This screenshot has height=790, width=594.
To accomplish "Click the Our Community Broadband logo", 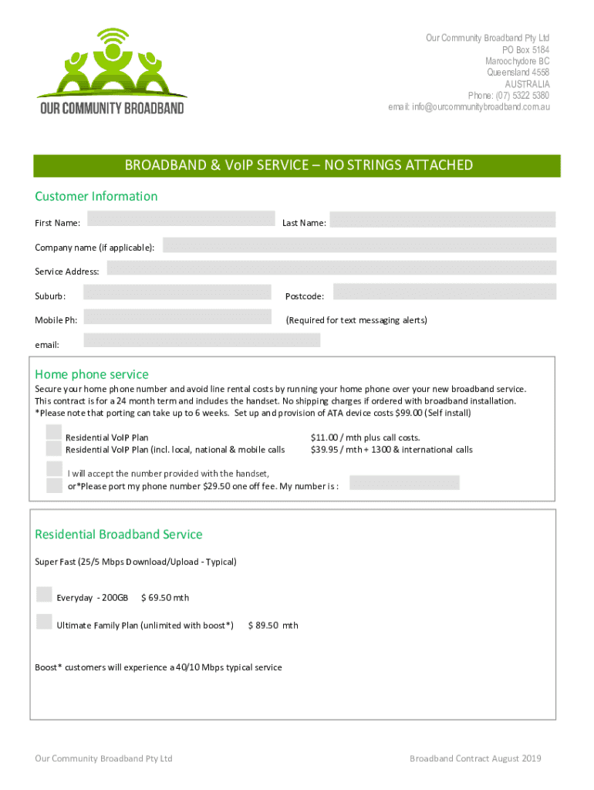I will coord(113,71).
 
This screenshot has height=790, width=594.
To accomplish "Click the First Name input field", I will coord(181,219).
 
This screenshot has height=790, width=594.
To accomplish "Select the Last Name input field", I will coord(442,219).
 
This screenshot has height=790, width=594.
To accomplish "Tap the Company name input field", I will coord(359,245).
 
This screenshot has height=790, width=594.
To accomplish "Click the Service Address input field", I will coord(331,268).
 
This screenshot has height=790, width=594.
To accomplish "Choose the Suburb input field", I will coord(177,292).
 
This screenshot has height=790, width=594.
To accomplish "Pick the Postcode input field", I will coord(444,292).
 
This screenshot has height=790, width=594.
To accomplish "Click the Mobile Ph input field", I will coord(177,316).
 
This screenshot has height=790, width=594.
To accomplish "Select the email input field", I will coord(201,340).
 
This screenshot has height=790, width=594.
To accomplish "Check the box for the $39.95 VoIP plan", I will coord(53,448).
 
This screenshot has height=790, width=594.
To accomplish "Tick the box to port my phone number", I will coord(54,485).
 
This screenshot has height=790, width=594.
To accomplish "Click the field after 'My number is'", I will coord(404,483).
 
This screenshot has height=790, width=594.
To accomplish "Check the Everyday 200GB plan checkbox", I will coord(45,594).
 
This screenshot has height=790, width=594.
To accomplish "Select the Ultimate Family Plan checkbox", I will coord(45,622).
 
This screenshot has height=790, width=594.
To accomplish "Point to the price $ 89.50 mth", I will coord(273,626).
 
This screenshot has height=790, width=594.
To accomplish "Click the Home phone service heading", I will coord(92,375).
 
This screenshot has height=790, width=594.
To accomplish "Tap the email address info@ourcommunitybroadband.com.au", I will coord(469,106).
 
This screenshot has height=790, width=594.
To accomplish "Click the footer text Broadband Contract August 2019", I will coord(475,758).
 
